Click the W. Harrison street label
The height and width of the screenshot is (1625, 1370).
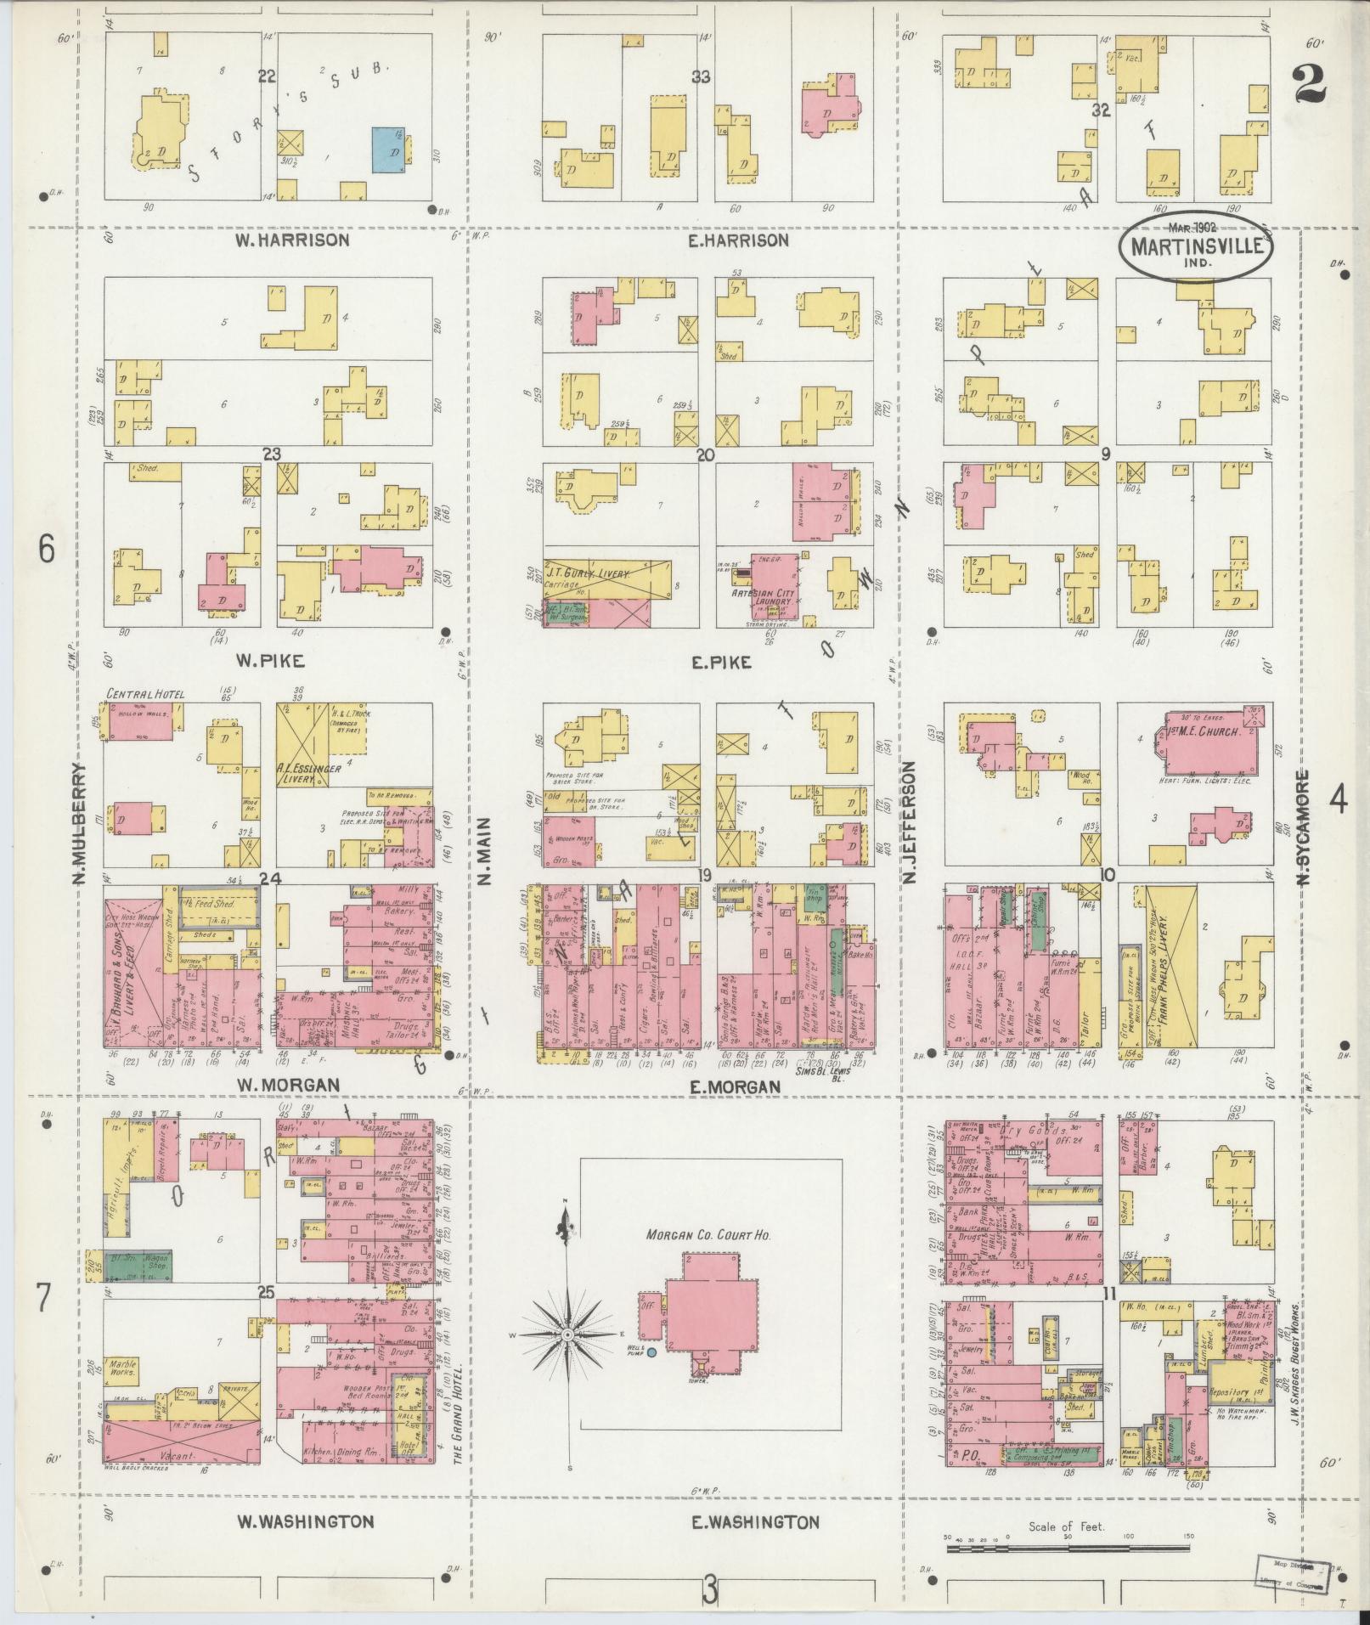pyautogui.click(x=291, y=240)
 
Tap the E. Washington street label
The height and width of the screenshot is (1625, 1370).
pyautogui.click(x=755, y=1521)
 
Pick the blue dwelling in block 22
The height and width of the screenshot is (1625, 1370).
pyautogui.click(x=390, y=151)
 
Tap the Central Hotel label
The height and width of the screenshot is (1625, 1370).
pyautogui.click(x=144, y=694)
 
